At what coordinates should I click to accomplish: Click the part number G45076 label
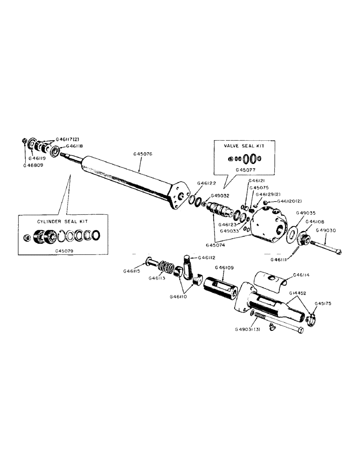coord(143,153)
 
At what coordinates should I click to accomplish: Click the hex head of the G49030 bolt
coord(339,253)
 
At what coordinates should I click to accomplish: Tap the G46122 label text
coord(206,184)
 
